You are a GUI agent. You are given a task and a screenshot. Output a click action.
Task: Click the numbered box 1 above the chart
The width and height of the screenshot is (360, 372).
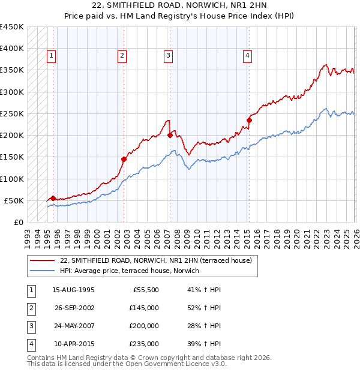[52, 56]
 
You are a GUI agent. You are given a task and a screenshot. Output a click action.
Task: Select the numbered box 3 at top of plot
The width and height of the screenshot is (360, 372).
[168, 56]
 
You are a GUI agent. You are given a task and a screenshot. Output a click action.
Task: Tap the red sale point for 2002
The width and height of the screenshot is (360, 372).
[124, 159]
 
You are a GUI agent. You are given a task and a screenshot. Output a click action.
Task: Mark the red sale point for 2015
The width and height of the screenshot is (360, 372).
[249, 120]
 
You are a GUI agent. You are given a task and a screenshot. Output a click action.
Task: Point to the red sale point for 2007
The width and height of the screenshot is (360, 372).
[170, 136]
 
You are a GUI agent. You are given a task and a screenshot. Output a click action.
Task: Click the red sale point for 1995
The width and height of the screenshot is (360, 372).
[53, 198]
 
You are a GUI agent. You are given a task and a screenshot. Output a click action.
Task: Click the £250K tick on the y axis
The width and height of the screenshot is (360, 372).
[12, 113]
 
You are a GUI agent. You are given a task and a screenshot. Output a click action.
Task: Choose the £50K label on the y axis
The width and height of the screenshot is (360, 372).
[14, 200]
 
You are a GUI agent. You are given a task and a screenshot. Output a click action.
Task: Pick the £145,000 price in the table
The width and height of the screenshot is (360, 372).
[144, 308]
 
